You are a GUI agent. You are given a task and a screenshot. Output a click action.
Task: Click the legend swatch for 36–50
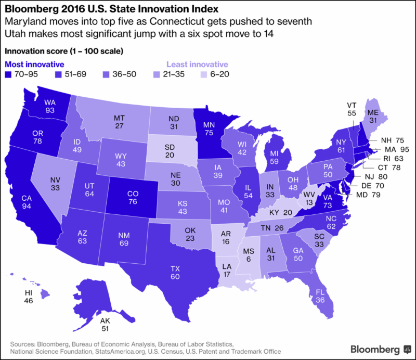tap(107, 74)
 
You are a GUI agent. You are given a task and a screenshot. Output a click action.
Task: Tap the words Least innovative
tap(197, 64)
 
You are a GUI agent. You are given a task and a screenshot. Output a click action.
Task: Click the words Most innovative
tap(34, 64)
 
